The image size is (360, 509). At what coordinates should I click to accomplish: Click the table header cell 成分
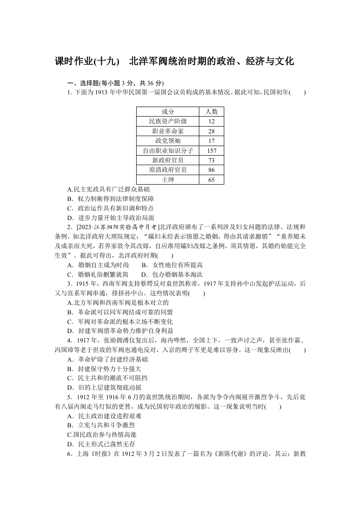[x=168, y=112]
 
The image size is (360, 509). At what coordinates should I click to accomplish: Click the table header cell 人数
[x=211, y=112]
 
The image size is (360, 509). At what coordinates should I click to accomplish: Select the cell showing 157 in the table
[x=211, y=151]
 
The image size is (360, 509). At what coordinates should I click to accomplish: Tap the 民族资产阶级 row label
[x=168, y=121]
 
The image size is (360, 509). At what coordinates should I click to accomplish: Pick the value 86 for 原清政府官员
[x=211, y=170]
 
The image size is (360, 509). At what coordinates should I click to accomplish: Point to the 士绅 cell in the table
[x=168, y=180]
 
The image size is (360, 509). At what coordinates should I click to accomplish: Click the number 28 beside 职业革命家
[x=211, y=131]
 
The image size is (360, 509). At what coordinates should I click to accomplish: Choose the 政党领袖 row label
[x=168, y=141]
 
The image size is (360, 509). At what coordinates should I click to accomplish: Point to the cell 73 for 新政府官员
[x=211, y=160]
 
